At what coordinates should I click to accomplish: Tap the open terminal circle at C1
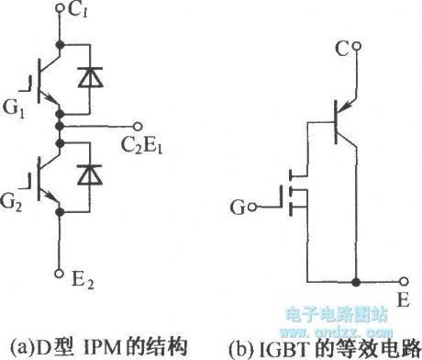(60, 10)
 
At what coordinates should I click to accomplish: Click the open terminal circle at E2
(60, 273)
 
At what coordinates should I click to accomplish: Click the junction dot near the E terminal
(359, 284)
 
